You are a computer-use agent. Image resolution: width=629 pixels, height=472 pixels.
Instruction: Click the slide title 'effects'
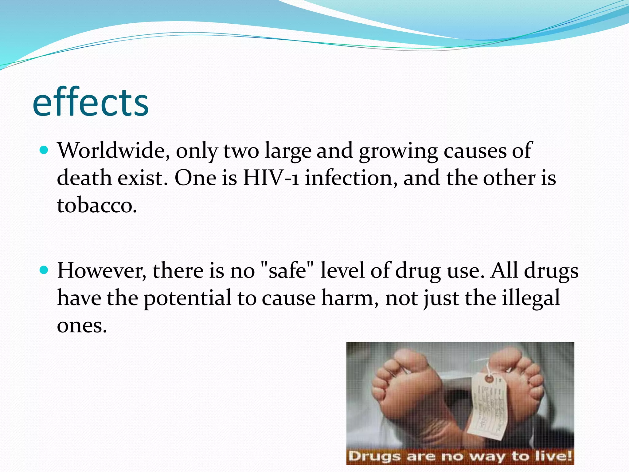90,103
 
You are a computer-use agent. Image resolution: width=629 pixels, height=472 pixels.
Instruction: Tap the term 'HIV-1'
271,178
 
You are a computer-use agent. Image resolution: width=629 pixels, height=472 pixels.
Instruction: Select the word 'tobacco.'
97,205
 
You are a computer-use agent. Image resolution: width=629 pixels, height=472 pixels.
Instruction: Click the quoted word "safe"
287,271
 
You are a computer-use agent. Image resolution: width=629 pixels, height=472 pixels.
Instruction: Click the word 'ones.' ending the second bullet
82,325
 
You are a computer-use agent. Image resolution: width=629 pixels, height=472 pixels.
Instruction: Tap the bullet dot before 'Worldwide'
45,151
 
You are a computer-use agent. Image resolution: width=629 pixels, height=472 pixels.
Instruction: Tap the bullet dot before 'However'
45,270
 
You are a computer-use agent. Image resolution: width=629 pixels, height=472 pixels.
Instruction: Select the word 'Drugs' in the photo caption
374,456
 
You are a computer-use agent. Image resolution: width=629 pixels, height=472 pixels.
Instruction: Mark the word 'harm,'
350,298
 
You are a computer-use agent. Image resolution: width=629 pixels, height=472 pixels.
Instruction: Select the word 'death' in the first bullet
84,178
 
